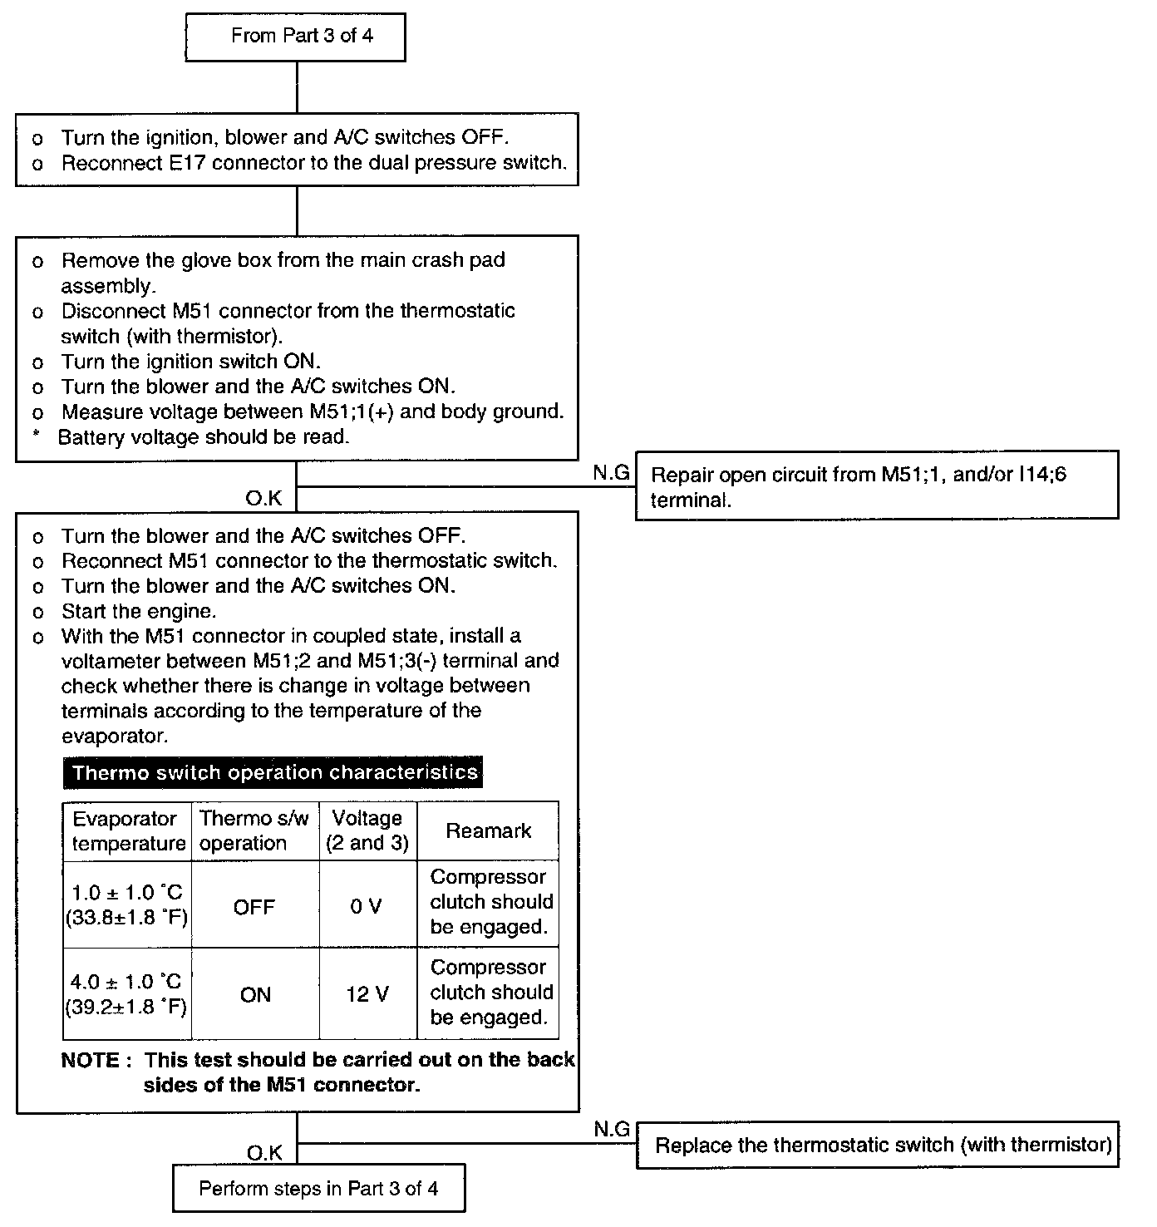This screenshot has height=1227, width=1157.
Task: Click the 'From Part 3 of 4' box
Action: (x=295, y=37)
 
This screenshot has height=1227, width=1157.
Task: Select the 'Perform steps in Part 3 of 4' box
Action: (x=318, y=1188)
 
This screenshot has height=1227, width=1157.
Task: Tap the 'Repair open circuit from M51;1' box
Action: (x=876, y=486)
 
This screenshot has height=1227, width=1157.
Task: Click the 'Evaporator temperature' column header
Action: (x=127, y=830)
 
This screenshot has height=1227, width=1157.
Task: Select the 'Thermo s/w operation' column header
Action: (x=254, y=830)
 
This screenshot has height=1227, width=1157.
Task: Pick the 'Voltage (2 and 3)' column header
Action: (x=367, y=830)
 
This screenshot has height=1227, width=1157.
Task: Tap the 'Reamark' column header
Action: (x=488, y=830)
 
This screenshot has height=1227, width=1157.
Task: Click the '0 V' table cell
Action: (x=367, y=906)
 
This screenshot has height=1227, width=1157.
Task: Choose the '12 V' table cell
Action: (x=367, y=994)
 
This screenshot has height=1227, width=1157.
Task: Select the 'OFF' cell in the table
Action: (x=254, y=907)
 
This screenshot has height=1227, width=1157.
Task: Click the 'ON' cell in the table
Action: (x=255, y=995)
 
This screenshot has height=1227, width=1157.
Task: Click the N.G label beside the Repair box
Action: (x=611, y=473)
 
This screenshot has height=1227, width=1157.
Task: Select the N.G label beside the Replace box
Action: (x=611, y=1129)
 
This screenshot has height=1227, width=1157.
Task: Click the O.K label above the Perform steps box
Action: (x=264, y=1152)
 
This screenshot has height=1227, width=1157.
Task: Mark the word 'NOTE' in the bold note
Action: (x=91, y=1060)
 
